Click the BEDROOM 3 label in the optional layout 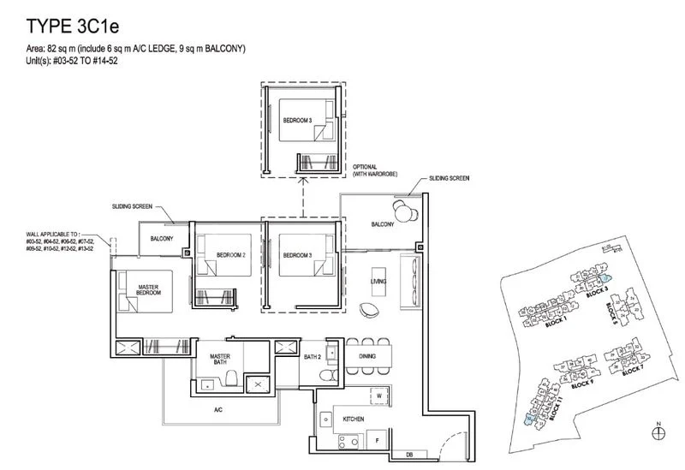[x=296, y=121]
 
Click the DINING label [x=368, y=355]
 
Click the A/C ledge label [x=218, y=410]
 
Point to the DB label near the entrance [x=409, y=454]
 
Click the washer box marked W [x=377, y=396]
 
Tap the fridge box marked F [x=378, y=442]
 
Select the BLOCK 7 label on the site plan [x=634, y=372]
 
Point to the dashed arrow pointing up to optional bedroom [x=302, y=197]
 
